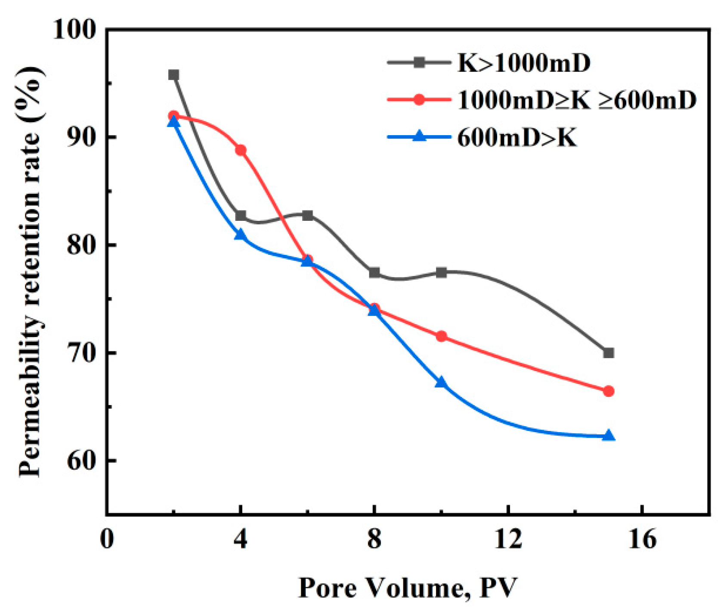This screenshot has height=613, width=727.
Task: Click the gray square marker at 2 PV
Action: (173, 75)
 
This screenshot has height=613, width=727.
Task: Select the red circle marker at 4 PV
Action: (241, 150)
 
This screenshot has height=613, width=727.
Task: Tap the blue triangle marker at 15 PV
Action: (608, 436)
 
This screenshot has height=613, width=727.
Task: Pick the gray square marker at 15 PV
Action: (608, 353)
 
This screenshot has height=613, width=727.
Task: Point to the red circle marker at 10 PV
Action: (441, 336)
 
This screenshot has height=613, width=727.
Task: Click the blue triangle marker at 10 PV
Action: (441, 382)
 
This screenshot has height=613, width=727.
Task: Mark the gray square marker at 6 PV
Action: (307, 215)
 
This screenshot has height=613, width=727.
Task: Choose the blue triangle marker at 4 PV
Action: (241, 235)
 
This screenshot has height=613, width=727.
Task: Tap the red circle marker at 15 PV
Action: (608, 391)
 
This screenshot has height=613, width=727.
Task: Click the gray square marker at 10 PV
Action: (441, 272)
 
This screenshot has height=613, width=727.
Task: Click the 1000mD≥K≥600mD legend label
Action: (576, 101)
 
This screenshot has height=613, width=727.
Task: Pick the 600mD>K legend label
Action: (517, 138)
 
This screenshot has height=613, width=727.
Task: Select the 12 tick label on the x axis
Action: (508, 539)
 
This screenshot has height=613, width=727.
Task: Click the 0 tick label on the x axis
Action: (107, 539)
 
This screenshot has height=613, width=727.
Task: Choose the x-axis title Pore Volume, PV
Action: (407, 588)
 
